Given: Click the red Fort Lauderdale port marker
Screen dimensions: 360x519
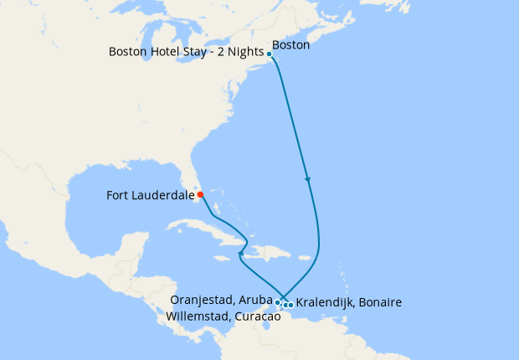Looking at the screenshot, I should (200, 195).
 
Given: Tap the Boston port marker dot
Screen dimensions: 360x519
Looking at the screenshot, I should (270, 54).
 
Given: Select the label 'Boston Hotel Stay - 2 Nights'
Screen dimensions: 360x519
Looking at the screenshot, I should (186, 52).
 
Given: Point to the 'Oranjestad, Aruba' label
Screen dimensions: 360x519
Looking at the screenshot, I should (221, 299).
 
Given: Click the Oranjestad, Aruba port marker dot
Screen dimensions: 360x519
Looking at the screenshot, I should (277, 301).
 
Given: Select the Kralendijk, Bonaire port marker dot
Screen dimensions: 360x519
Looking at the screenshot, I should (290, 305).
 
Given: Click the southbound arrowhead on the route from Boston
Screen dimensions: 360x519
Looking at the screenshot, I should (308, 179).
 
